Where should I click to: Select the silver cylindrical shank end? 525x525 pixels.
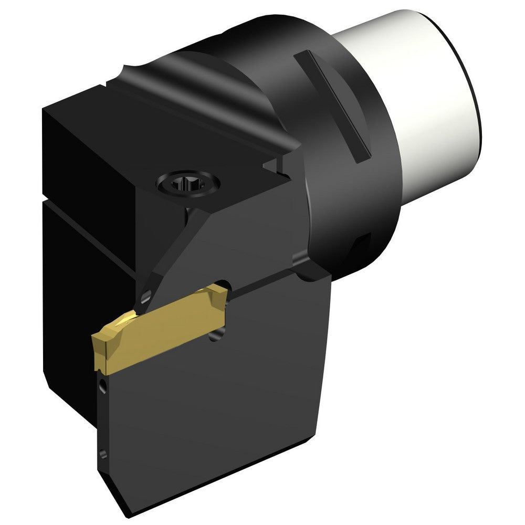[x=441, y=105]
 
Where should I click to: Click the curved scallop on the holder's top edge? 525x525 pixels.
[x=131, y=71]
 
